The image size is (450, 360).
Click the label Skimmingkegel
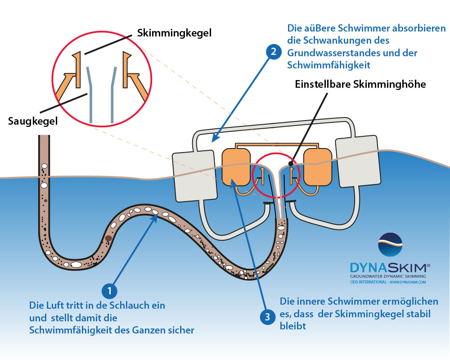point(174,33)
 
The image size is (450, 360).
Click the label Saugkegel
point(33,121)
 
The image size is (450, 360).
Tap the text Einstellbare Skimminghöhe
point(360,84)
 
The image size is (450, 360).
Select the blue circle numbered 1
point(109,291)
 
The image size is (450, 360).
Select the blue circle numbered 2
point(274,52)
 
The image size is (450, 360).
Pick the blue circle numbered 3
point(268,317)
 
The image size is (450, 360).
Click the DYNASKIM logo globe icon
point(390,245)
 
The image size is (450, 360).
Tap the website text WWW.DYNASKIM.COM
point(408,282)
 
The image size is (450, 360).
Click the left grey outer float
point(194,175)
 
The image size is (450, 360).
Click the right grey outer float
point(358,162)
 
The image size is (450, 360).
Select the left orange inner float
point(236,167)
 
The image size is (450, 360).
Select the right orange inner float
point(318,167)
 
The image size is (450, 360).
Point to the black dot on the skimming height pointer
point(291,164)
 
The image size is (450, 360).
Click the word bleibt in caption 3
point(293,326)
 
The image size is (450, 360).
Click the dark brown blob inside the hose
point(108,238)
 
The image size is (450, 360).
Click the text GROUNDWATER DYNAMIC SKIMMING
point(388,276)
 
